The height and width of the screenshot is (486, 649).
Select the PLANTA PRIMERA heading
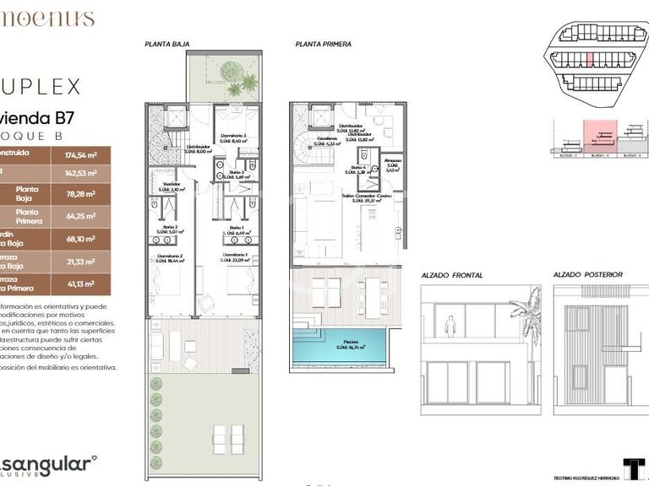click(324, 44)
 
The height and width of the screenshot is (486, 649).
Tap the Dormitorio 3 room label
click(233, 138)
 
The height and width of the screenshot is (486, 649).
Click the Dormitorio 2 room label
click(169, 256)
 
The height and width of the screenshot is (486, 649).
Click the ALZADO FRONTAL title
click(451, 275)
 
